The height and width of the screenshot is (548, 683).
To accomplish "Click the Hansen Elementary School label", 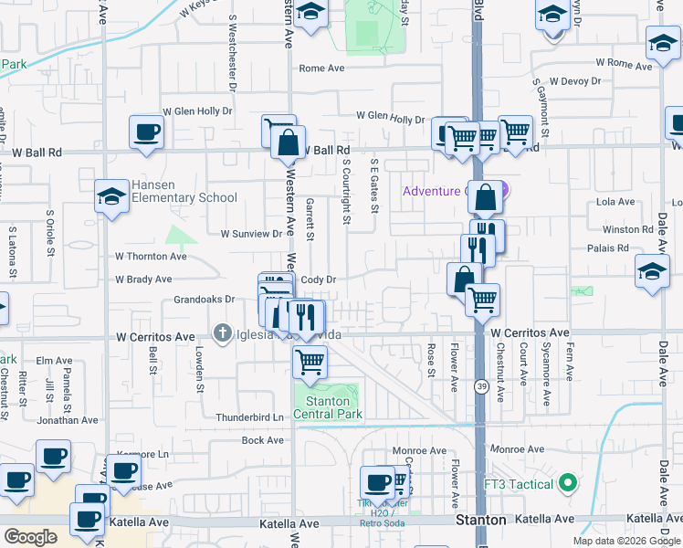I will (184, 191).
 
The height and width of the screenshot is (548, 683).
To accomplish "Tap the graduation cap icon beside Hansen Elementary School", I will (111, 196).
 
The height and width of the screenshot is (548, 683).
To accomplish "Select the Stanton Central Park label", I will (328, 407).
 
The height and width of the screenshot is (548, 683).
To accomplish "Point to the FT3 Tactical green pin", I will (567, 482).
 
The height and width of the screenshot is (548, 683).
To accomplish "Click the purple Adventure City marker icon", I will (500, 191).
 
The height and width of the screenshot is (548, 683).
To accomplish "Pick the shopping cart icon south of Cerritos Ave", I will (310, 362).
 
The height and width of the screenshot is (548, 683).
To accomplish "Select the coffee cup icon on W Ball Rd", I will (146, 132).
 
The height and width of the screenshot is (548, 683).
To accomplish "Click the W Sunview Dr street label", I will (251, 234).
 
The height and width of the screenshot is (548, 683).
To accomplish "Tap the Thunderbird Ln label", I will (250, 417).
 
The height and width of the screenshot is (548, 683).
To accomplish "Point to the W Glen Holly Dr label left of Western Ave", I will (197, 111).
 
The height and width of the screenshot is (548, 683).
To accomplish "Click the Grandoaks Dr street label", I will (205, 299).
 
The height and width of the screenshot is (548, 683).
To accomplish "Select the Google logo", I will (30, 536).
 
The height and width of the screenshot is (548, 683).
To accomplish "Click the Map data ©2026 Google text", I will (625, 541).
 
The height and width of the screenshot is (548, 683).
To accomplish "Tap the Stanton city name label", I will (480, 520).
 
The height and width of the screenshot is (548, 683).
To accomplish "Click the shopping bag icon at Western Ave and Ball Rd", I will (288, 144).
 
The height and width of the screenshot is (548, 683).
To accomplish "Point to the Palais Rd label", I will (610, 248).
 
